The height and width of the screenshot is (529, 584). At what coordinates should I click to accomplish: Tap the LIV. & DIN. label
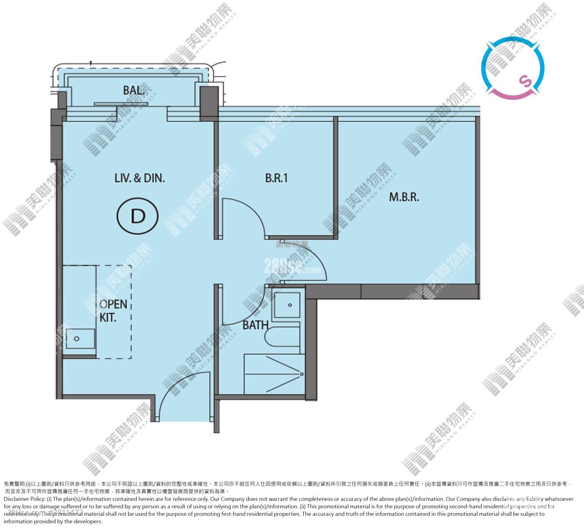[x=140, y=178]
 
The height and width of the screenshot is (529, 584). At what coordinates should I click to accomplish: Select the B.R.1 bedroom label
[x=276, y=178]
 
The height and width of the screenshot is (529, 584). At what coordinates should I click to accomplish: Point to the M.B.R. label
[x=403, y=197]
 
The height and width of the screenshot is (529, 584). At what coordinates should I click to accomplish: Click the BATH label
[x=255, y=325]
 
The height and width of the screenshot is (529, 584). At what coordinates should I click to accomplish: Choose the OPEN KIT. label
[x=113, y=310]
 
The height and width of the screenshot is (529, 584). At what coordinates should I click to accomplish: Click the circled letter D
[x=138, y=217]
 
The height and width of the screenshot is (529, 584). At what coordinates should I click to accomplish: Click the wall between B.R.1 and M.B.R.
[x=335, y=178]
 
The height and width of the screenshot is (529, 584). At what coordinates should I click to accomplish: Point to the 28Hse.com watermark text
[x=292, y=266]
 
